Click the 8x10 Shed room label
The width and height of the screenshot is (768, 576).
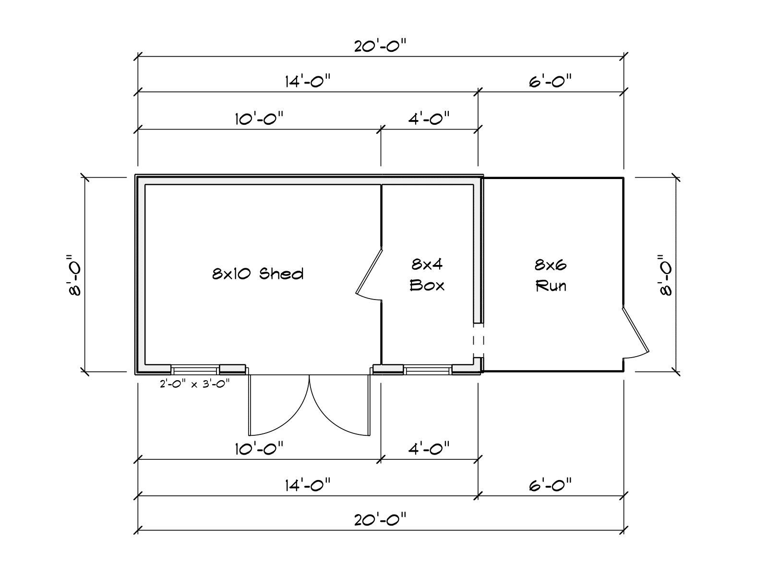[258, 274]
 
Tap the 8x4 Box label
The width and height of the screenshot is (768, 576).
[427, 275]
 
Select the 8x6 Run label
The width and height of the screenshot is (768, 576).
[551, 275]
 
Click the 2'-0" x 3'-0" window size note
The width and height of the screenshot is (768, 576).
[195, 383]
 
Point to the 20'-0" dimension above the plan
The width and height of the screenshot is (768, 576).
[380, 46]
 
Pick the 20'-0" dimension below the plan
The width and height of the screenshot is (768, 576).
[380, 519]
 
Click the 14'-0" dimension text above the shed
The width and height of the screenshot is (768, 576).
[308, 81]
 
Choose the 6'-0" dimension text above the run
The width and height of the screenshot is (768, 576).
[551, 81]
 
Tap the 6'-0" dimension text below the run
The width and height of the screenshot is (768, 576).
[551, 485]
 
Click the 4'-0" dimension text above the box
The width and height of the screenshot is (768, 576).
[429, 118]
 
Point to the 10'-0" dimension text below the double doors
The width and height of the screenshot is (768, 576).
[259, 449]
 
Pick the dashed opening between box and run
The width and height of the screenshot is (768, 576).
[479, 340]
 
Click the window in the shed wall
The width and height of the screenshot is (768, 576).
[195, 370]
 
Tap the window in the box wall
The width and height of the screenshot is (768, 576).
[428, 370]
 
